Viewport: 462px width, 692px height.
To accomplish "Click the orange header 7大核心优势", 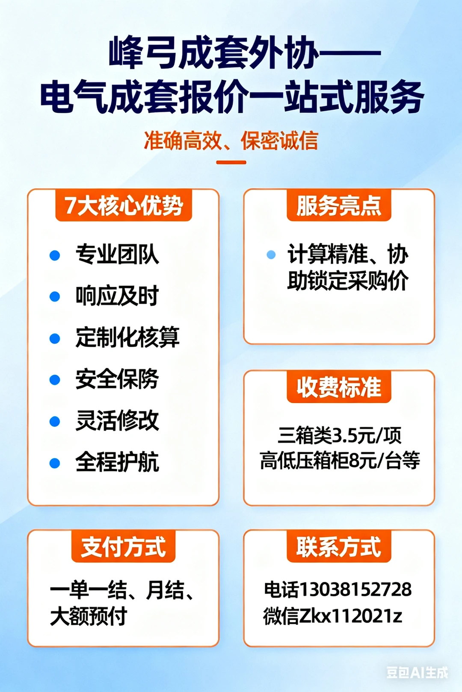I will pyautogui.click(x=124, y=205).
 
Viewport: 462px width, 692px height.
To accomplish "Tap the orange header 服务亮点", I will pyautogui.click(x=339, y=205).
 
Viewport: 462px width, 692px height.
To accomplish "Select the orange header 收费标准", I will pyautogui.click(x=339, y=387).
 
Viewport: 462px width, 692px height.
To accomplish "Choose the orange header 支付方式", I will pyautogui.click(x=123, y=547).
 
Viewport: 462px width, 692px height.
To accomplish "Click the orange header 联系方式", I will pyautogui.click(x=339, y=547).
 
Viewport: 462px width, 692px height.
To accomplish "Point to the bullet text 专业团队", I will pyautogui.click(x=117, y=255).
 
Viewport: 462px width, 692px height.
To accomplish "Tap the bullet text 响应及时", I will pyautogui.click(x=117, y=296).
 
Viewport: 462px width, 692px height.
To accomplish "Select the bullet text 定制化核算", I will pyautogui.click(x=127, y=337).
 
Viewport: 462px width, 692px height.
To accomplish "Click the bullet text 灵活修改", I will pyautogui.click(x=117, y=420).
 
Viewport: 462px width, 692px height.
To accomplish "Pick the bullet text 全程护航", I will pyautogui.click(x=117, y=462).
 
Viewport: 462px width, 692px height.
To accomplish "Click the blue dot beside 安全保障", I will pyautogui.click(x=55, y=379).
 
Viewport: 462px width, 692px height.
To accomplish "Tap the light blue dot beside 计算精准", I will pyautogui.click(x=271, y=255).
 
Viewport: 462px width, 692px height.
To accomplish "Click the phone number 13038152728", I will pyautogui.click(x=355, y=589).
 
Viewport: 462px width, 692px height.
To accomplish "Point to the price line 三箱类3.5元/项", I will pyautogui.click(x=339, y=435).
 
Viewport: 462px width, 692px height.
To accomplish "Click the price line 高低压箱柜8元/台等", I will pyautogui.click(x=339, y=460).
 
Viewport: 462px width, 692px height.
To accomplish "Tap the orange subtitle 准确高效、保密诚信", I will pyautogui.click(x=231, y=141).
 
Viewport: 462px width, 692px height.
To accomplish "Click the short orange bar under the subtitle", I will pyautogui.click(x=231, y=162).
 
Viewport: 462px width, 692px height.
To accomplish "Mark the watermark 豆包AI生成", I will pyautogui.click(x=417, y=672).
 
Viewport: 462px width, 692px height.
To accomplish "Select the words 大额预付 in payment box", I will pyautogui.click(x=89, y=616).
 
